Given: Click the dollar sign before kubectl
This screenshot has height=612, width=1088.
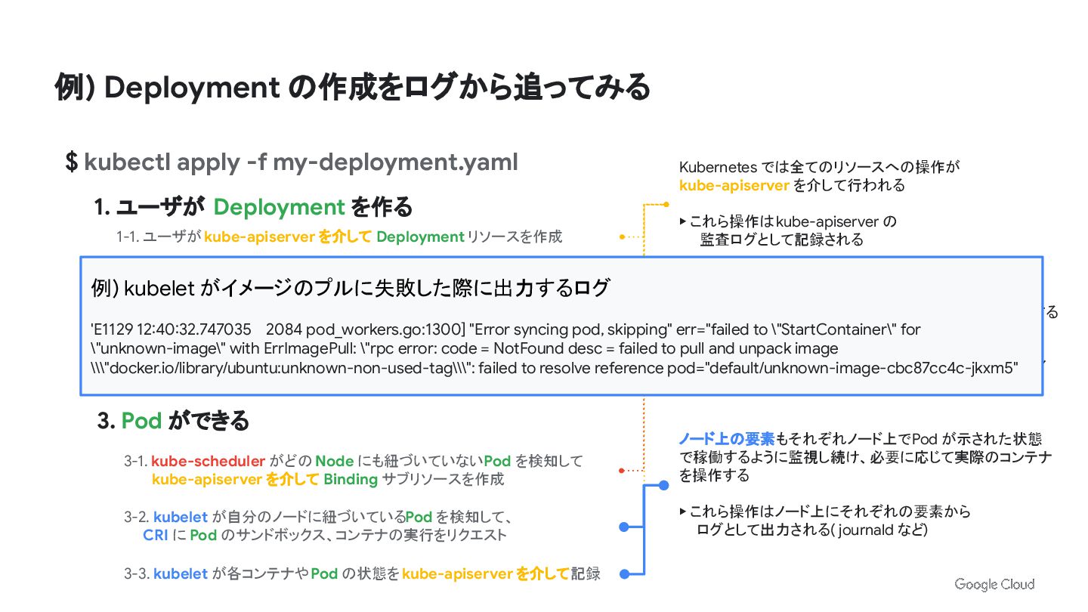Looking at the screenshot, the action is coord(72,162).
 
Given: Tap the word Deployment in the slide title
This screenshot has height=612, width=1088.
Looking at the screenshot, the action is coord(192,88).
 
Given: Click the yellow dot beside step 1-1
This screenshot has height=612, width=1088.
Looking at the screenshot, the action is coord(622,236).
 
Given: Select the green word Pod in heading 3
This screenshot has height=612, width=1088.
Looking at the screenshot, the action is coord(141,420).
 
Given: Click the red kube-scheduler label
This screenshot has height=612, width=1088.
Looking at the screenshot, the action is coord(208,461).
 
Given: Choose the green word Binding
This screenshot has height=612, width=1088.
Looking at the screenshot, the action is coord(350,479).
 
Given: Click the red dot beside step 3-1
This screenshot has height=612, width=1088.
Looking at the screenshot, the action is coord(621,471).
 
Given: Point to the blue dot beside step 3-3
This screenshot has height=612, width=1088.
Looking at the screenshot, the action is coord(624,574).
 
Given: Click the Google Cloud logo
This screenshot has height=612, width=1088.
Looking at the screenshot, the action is coord(994,584).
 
